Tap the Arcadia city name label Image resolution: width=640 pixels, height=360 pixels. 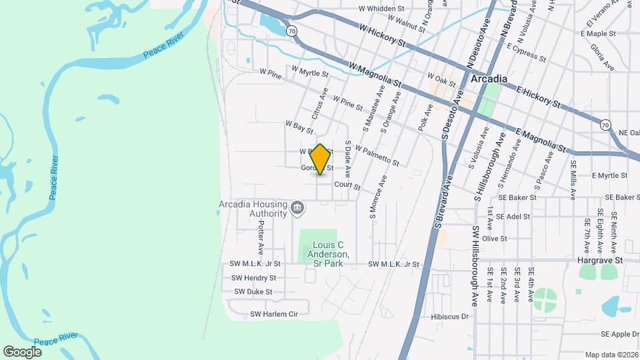tap(489, 79)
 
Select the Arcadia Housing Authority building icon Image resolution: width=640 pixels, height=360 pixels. tap(297, 209)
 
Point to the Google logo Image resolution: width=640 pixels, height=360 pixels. tap(22, 351)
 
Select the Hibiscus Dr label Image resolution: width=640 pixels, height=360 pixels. tap(450, 317)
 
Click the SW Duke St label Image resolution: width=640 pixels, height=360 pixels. tap(253, 291)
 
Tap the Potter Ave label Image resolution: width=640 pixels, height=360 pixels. tap(261, 238)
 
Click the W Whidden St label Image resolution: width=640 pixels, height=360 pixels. tap(382, 9)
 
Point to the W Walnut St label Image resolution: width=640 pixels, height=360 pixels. tap(401, 25)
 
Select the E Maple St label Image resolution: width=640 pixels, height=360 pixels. tap(598, 33)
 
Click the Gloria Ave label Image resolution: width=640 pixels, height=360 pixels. tap(601, 57)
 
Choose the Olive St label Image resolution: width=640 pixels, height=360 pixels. tap(495, 238)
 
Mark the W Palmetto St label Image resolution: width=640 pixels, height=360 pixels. tap(377, 157)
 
